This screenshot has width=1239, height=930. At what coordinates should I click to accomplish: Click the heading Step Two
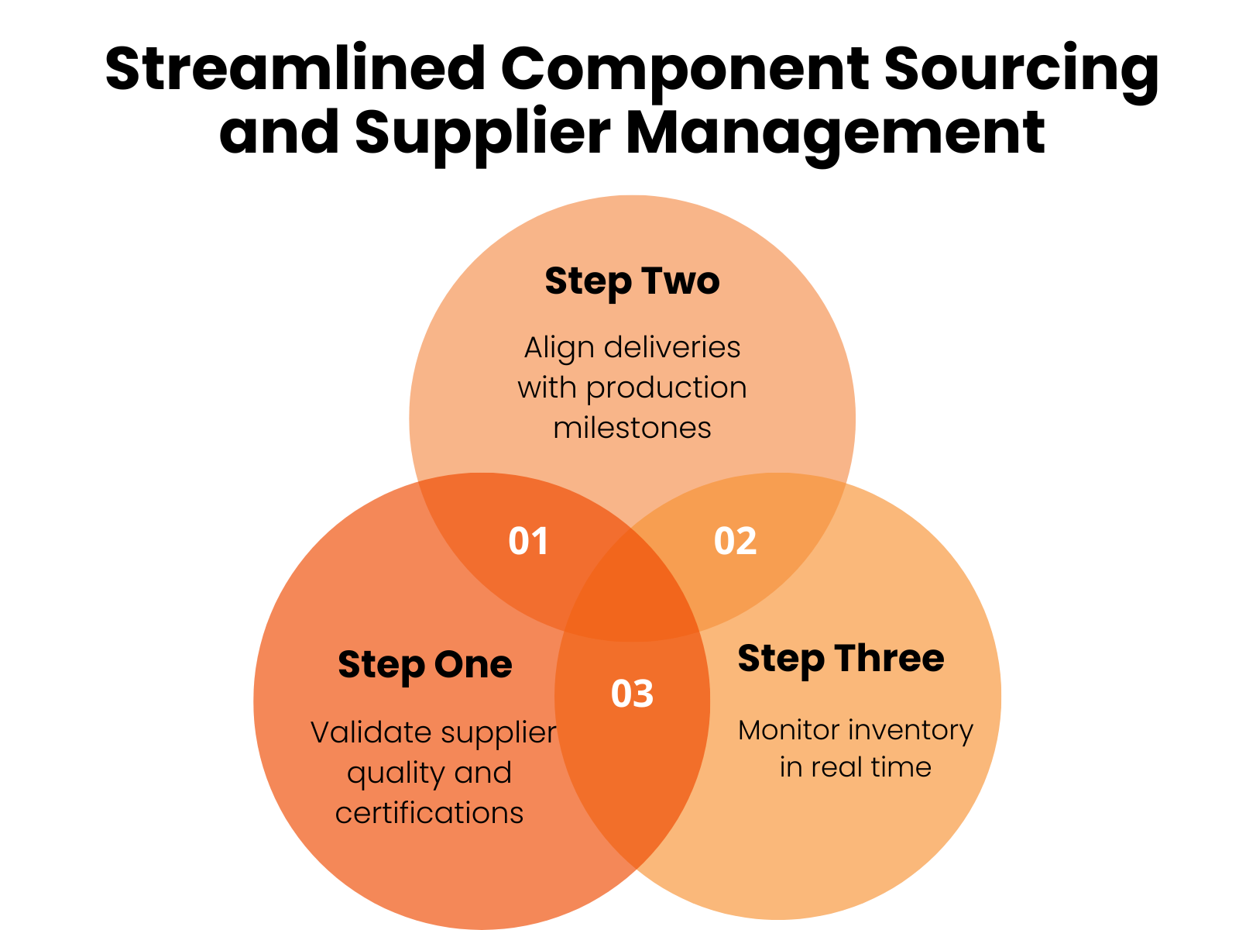[632, 281]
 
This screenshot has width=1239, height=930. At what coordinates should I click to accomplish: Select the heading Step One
[425, 665]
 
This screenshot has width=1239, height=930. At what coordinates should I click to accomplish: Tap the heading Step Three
[840, 659]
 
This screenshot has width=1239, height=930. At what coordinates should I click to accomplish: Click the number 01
[529, 541]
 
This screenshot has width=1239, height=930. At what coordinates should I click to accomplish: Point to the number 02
[735, 541]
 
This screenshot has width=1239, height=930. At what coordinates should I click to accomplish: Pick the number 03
[632, 694]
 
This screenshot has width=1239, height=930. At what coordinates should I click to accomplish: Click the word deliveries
[672, 347]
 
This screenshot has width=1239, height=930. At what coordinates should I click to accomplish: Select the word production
[666, 388]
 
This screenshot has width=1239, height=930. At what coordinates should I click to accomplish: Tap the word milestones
[632, 428]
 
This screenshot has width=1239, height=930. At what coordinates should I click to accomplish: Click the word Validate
[360, 732]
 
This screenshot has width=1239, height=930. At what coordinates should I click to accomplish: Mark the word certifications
[429, 813]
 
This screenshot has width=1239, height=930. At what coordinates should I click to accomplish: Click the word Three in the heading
[889, 658]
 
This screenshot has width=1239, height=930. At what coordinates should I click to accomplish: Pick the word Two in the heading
[680, 281]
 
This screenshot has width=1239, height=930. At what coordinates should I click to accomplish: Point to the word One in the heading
[472, 665]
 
